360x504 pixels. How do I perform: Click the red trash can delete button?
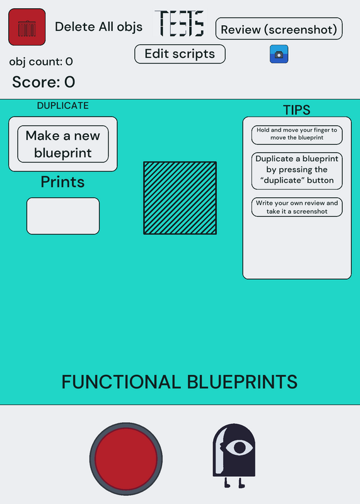click(x=26, y=27)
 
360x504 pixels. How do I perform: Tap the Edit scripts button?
click(x=180, y=54)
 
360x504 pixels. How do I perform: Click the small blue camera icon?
click(x=279, y=54)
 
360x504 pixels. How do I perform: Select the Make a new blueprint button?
click(x=63, y=144)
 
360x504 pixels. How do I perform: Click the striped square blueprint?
click(x=180, y=198)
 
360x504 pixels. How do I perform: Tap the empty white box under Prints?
click(x=63, y=216)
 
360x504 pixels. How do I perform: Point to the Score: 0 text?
click(x=44, y=82)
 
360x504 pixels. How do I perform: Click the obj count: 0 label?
click(x=41, y=61)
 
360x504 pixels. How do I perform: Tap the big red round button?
click(x=126, y=459)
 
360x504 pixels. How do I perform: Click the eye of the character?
click(x=240, y=447)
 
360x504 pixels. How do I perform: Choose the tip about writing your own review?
click(x=297, y=207)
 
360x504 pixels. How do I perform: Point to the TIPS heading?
click(x=296, y=110)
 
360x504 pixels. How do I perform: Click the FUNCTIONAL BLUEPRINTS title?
click(x=180, y=382)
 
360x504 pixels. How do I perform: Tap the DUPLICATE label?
click(x=63, y=105)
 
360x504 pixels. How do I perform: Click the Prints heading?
click(x=63, y=182)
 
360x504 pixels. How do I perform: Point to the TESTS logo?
click(x=180, y=23)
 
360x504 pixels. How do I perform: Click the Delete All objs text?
click(x=98, y=27)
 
